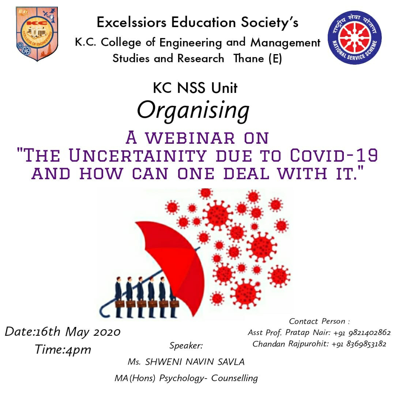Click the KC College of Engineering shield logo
(x=37, y=34)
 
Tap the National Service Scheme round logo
(x=354, y=38)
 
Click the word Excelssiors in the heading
(x=132, y=22)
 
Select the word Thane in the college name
(x=249, y=59)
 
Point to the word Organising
(x=193, y=110)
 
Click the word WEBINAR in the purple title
(x=190, y=138)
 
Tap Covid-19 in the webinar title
(x=334, y=155)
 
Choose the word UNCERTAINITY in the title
(x=138, y=155)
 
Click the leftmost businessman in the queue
(x=118, y=297)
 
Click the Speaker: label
(x=186, y=346)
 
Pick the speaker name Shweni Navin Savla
(x=186, y=362)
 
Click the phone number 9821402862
(x=369, y=333)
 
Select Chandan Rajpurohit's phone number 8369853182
(x=366, y=344)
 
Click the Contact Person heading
(x=319, y=321)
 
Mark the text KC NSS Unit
(x=195, y=88)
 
